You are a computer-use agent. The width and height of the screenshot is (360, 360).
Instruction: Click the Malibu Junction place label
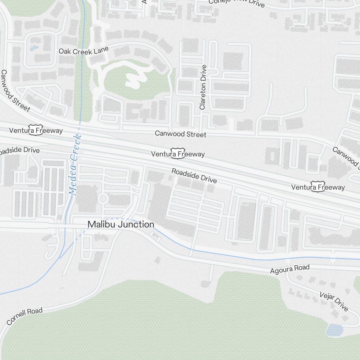point(121,224)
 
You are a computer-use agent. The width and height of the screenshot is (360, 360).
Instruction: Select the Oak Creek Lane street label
point(84,51)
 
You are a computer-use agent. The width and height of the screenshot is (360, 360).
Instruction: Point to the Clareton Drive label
point(203,87)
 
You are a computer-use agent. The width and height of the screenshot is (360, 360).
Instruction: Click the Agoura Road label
point(290,269)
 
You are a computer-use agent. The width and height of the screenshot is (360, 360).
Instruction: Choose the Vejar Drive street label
point(334,302)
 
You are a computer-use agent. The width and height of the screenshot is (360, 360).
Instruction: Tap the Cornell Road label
point(24,316)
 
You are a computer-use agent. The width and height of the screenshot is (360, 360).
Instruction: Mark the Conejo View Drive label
point(237,3)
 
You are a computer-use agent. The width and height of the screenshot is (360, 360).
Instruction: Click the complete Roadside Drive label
point(194,176)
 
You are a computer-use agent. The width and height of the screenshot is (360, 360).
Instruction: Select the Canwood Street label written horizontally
point(180,134)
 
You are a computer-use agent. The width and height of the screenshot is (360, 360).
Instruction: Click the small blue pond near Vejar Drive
point(334,329)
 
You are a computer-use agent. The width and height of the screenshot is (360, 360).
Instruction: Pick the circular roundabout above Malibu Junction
point(103,198)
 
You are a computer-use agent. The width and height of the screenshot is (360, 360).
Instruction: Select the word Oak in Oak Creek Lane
point(65,51)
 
